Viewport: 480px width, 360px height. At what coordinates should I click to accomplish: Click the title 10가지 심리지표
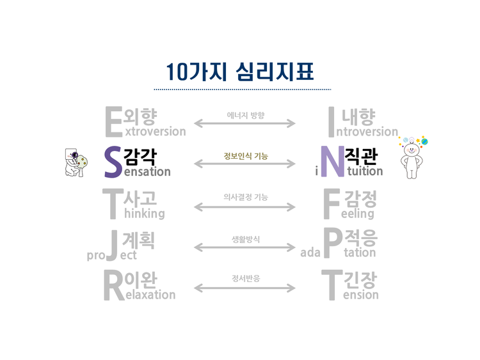tap(239, 71)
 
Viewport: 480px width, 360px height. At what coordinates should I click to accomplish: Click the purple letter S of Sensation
tap(113, 162)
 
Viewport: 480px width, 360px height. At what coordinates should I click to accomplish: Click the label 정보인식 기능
tap(246, 156)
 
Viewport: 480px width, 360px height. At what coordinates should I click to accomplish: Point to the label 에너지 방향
tap(246, 116)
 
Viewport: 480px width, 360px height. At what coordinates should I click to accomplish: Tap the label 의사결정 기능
tap(246, 198)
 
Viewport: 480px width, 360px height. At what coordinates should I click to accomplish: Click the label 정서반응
tap(246, 279)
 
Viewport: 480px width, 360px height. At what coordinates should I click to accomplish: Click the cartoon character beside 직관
tap(411, 157)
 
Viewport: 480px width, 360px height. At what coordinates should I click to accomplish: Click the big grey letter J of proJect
tap(111, 246)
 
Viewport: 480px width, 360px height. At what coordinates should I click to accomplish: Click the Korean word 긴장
tap(361, 279)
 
